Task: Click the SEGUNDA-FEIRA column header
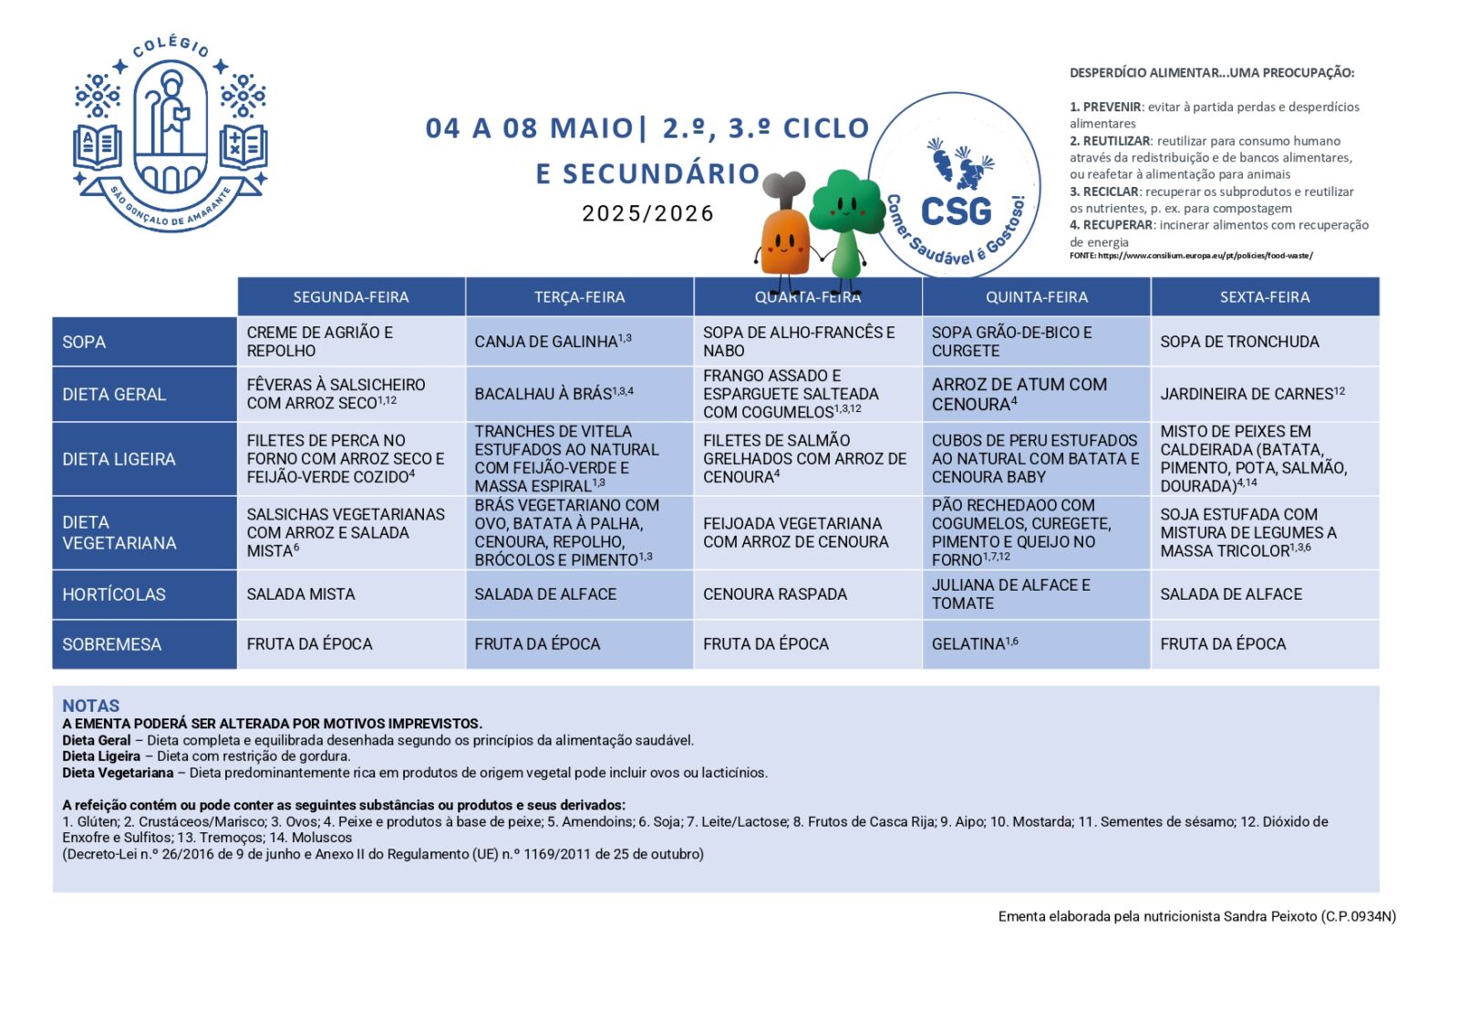pyautogui.click(x=351, y=297)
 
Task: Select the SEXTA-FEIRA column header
pyautogui.click(x=1265, y=297)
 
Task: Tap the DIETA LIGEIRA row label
pyautogui.click(x=119, y=459)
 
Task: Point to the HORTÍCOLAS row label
pyautogui.click(x=114, y=594)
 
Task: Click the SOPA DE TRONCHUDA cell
pyautogui.click(x=1239, y=342)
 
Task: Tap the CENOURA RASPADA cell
pyautogui.click(x=775, y=594)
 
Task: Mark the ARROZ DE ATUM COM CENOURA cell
pyautogui.click(x=1019, y=394)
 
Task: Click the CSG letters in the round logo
pyautogui.click(x=956, y=211)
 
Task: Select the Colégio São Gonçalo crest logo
pyautogui.click(x=171, y=132)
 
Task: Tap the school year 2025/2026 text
pyautogui.click(x=647, y=213)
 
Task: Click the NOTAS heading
pyautogui.click(x=90, y=706)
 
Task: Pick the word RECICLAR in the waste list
pyautogui.click(x=1111, y=191)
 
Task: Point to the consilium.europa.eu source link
pyautogui.click(x=1205, y=255)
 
